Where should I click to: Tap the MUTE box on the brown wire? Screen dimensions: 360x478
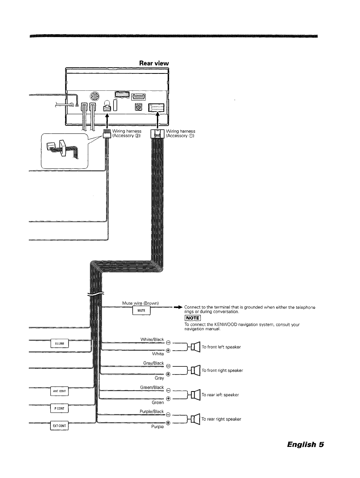pyautogui.click(x=141, y=311)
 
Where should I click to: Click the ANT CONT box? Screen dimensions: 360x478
pyautogui.click(x=59, y=391)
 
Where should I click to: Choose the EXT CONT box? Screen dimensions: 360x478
pyautogui.click(x=60, y=426)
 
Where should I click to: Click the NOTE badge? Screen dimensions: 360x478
pyautogui.click(x=192, y=318)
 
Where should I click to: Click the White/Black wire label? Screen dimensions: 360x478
pyautogui.click(x=152, y=339)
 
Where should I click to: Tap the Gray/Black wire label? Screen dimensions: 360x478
pyautogui.click(x=153, y=363)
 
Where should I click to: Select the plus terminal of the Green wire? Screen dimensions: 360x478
pyautogui.click(x=168, y=399)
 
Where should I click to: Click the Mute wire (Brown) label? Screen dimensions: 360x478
pyautogui.click(x=140, y=303)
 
